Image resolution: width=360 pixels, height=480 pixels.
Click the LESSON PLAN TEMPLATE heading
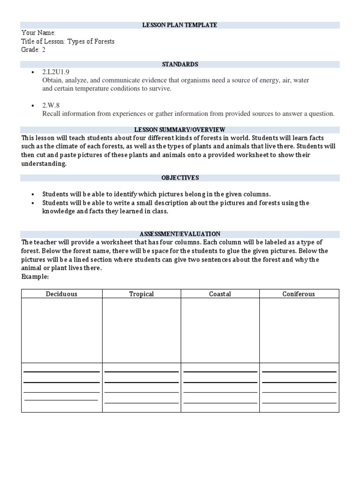click(180, 25)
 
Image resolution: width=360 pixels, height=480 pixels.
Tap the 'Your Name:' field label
click(38, 33)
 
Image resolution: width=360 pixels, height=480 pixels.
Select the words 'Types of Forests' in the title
click(91, 41)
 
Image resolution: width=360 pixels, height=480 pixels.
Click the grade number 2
click(44, 50)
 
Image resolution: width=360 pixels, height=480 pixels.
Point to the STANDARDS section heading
click(180, 64)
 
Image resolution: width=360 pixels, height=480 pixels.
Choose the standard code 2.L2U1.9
click(56, 72)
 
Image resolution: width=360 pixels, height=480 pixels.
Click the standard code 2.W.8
click(51, 105)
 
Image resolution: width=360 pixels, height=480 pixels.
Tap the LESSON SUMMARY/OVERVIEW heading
click(180, 129)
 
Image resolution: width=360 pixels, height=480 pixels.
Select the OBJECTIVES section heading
click(180, 178)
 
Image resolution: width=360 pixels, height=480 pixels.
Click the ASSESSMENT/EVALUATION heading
click(180, 234)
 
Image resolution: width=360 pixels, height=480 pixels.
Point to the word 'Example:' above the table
click(35, 277)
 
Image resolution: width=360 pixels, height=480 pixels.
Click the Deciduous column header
click(61, 294)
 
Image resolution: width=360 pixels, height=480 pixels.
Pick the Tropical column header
click(142, 294)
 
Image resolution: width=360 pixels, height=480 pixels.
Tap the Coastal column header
click(220, 294)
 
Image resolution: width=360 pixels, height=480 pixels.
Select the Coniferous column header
click(299, 294)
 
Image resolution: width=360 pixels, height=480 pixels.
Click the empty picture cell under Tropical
click(142, 330)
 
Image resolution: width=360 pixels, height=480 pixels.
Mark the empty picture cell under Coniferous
click(299, 330)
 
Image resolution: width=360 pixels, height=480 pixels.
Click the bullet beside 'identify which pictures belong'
click(32, 194)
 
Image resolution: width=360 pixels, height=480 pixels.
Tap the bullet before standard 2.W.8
click(32, 105)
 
